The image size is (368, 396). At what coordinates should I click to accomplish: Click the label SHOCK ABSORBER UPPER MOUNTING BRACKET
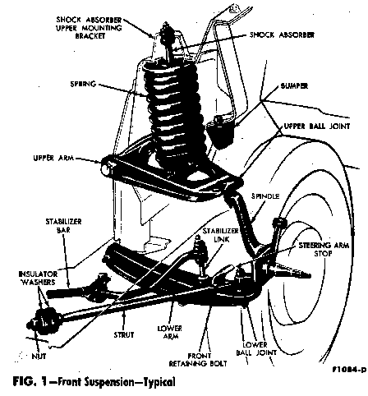coord(89,28)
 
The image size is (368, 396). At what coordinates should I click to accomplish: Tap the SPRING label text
coord(83,84)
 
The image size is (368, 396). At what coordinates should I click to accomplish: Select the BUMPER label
coord(294,86)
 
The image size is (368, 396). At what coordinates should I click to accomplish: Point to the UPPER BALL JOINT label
coord(317,126)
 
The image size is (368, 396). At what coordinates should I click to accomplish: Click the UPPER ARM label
coord(53,159)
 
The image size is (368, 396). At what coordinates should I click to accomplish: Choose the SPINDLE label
coord(265,196)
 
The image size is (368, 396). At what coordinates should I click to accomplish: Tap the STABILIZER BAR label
coord(63,225)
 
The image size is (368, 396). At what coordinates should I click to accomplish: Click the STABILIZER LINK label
coord(221,235)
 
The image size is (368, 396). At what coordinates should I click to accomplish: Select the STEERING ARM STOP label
coord(324,249)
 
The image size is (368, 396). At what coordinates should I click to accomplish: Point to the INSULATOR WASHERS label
coord(38,278)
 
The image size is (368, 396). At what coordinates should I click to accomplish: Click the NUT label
coord(39,356)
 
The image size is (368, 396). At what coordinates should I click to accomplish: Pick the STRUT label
coord(124,334)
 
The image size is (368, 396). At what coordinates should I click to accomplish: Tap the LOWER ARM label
coord(170,332)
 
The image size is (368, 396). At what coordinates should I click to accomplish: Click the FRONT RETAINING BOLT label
coord(198,360)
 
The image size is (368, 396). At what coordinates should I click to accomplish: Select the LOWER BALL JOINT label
coord(256,348)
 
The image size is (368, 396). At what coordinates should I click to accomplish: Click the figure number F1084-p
coord(349,370)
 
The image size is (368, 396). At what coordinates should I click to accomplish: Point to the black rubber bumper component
coord(220,131)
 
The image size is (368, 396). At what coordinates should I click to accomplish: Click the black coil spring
coord(175,109)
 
